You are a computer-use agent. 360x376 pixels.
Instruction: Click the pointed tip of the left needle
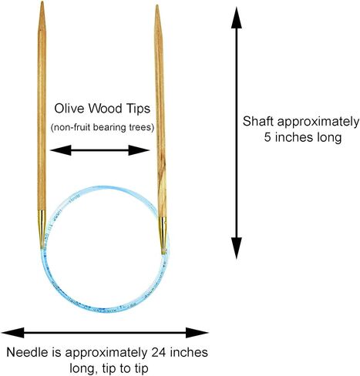(42, 2)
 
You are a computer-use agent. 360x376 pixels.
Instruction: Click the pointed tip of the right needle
(156, 5)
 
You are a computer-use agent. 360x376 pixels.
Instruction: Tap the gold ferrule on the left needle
(42, 229)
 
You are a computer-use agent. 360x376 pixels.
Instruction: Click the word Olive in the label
(69, 109)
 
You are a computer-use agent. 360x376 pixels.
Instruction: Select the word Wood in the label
(105, 109)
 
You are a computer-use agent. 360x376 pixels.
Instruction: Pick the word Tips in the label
(138, 109)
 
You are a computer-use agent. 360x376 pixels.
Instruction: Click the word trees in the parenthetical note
(142, 127)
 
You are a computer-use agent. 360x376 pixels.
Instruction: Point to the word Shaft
(258, 121)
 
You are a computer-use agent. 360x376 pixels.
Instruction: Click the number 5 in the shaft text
(267, 137)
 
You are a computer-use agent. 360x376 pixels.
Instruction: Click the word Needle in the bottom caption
(27, 352)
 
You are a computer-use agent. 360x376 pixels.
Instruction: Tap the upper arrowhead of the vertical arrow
(237, 18)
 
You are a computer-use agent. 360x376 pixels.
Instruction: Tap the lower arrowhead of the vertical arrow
(237, 248)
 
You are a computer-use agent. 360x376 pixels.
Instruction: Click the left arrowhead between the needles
(61, 150)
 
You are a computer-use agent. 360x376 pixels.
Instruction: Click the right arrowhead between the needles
(139, 150)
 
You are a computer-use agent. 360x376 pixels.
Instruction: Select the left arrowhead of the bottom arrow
(13, 333)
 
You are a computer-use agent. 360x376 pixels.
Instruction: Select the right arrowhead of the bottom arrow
(197, 333)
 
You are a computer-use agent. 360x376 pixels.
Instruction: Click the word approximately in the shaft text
(318, 122)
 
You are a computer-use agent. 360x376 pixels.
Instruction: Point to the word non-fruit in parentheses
(71, 127)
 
